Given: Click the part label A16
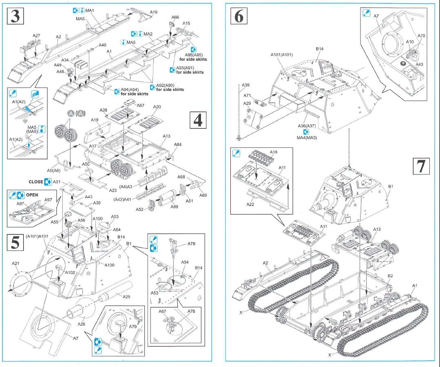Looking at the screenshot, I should pyautogui.click(x=153, y=12).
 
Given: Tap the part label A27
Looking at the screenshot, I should pyautogui.click(x=36, y=36).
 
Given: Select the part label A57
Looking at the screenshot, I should pyautogui.click(x=140, y=105).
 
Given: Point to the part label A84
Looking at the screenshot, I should pyautogui.click(x=178, y=144).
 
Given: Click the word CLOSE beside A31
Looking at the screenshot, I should pyautogui.click(x=36, y=182).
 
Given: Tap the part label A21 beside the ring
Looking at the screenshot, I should pyautogui.click(x=16, y=263).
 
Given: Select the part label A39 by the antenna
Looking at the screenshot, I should pyautogui.click(x=245, y=85).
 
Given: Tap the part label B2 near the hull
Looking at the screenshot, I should pyautogui.click(x=390, y=276).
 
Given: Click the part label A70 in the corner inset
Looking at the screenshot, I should pyautogui.click(x=421, y=35).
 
